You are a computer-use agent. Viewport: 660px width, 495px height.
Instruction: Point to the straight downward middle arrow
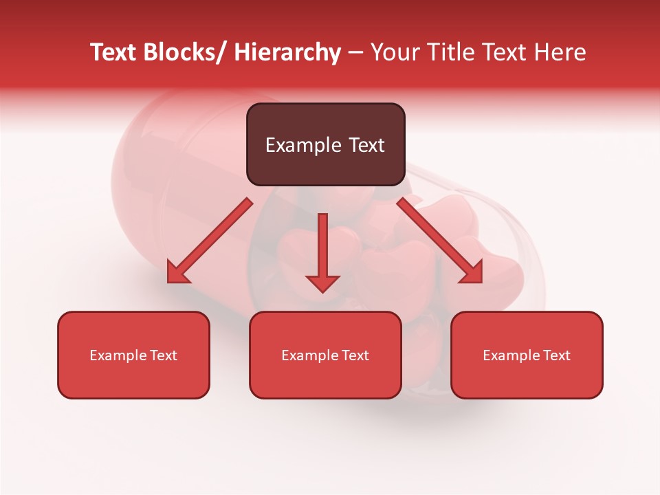pyautogui.click(x=322, y=251)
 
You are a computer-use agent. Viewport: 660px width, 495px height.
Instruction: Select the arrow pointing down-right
pyautogui.click(x=440, y=241)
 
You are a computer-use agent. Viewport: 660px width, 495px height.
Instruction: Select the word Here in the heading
pyautogui.click(x=560, y=52)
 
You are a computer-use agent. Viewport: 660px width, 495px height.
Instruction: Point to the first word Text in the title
pyautogui.click(x=114, y=52)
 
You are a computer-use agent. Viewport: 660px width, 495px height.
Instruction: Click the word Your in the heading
pyautogui.click(x=395, y=52)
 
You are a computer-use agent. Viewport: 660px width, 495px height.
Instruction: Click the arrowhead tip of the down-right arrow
pyautogui.click(x=481, y=282)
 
